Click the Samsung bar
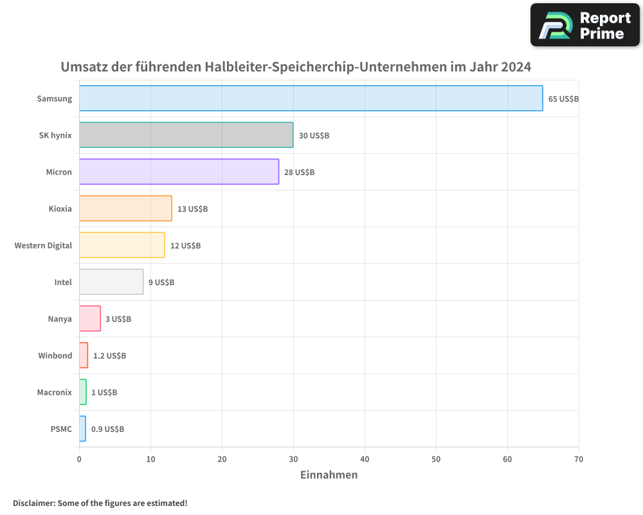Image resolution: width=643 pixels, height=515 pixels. tap(311, 98)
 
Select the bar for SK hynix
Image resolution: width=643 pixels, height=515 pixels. tap(186, 135)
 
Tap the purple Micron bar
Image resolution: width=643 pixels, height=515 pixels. tap(179, 172)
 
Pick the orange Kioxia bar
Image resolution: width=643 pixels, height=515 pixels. tap(125, 209)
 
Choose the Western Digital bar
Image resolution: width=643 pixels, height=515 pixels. tap(122, 245)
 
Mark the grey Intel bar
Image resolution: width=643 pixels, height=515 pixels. tap(111, 282)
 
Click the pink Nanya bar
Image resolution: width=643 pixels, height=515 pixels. tap(89, 319)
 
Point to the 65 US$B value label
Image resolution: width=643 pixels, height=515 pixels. tap(564, 99)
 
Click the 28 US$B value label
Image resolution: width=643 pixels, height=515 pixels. tap(300, 173)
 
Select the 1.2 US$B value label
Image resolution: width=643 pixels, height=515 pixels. tap(109, 356)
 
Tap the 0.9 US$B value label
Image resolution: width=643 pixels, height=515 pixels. tap(107, 429)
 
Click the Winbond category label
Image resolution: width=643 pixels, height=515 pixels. tap(55, 356)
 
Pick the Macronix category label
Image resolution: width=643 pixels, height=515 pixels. tap(55, 393)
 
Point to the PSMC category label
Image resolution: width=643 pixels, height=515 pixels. tap(61, 429)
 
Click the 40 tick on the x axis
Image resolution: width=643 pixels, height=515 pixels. tap(365, 460)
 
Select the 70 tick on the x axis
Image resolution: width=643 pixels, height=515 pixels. tap(579, 460)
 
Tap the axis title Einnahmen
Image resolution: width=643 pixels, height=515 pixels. tap(329, 475)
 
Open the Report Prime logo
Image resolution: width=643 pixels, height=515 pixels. tap(584, 25)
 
